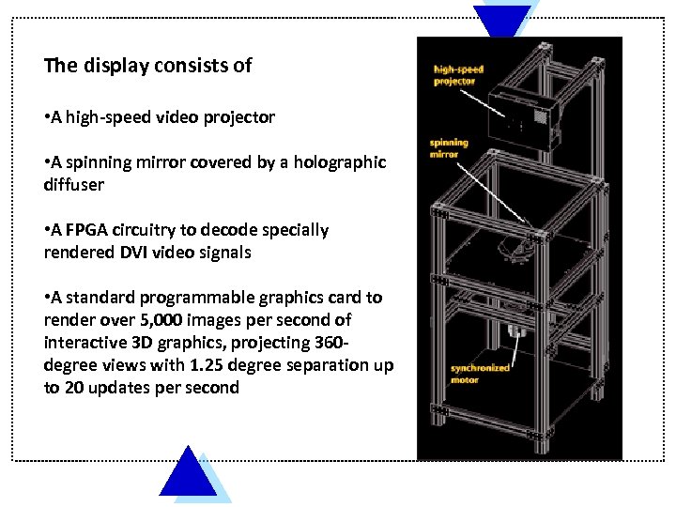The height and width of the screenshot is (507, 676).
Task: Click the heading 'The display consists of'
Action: [x=148, y=66]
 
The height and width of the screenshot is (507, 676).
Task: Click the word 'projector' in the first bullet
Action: [x=239, y=117]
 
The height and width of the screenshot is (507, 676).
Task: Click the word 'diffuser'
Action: [x=74, y=185]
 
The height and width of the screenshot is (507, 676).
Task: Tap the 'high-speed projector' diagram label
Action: [x=457, y=75]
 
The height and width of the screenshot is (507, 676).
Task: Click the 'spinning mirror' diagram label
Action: [x=449, y=148]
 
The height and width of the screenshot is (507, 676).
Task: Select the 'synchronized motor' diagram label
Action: [x=479, y=373]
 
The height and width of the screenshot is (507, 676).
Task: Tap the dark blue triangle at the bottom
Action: [x=188, y=476]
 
